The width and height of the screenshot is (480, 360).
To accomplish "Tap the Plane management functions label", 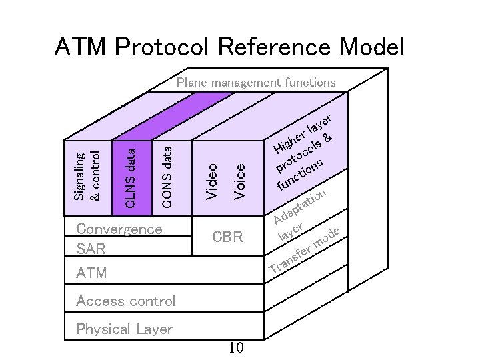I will pos(255,83).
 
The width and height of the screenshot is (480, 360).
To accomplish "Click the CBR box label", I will pos(227,237).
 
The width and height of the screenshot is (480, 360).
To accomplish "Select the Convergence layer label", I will pos(119,229).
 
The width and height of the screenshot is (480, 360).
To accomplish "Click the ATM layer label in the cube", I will pos(91,273).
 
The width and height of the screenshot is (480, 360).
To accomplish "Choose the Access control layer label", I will pos(126,301).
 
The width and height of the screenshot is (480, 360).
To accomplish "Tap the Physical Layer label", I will pos(124,329).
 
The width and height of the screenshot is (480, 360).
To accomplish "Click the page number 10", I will pos(236,347).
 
